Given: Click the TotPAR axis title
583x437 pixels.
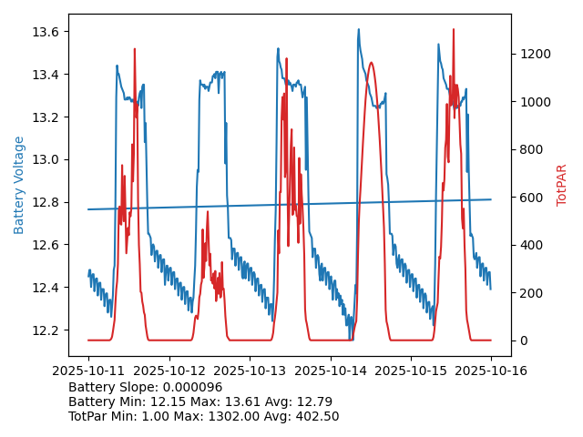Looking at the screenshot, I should point(562,185).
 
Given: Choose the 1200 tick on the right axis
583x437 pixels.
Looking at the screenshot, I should point(535,54).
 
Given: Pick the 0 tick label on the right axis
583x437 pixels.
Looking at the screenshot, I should point(522,340).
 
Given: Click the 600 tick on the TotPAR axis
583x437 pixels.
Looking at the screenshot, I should point(531,198).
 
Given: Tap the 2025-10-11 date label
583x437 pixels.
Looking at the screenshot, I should point(88,371).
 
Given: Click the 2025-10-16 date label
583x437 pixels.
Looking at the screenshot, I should point(491,371).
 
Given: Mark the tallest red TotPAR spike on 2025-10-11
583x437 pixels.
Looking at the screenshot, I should point(135,49).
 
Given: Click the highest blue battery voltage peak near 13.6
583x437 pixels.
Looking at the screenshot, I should point(358,29).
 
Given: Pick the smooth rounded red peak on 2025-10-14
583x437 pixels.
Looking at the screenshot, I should point(372,63).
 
